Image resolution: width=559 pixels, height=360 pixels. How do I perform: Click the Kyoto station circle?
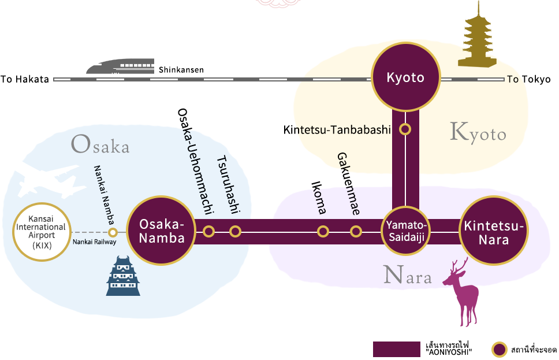coord(405,77)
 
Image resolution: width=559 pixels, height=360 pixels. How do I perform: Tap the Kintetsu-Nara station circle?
coord(494,231)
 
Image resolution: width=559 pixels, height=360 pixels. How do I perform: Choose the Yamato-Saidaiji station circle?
coord(405,231)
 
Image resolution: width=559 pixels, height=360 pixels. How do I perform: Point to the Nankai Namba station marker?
coord(113,232)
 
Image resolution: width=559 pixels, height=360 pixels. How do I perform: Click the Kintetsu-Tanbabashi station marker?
coord(405,129)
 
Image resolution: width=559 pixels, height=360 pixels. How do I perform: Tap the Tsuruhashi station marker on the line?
coord(235,232)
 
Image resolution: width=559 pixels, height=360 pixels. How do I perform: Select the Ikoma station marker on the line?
coord(323,232)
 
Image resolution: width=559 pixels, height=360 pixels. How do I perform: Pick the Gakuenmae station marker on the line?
coord(356,232)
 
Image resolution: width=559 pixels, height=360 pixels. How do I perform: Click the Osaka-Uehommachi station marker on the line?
coord(208,232)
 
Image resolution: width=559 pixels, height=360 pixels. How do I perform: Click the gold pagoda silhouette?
coord(476,35)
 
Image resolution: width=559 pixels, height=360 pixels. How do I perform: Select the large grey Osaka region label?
coord(100,144)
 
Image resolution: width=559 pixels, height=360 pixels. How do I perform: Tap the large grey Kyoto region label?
coord(478,133)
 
